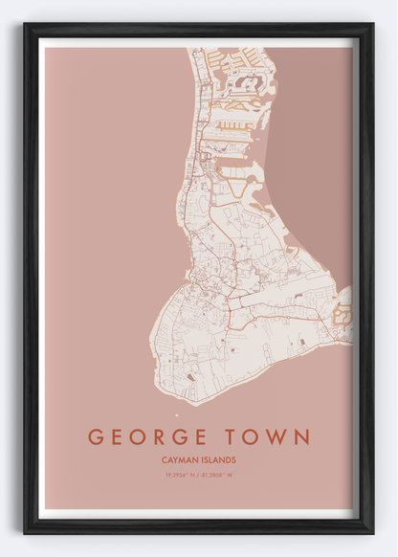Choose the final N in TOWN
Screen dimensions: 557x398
(302, 437)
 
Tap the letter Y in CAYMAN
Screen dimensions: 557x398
(176, 460)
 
